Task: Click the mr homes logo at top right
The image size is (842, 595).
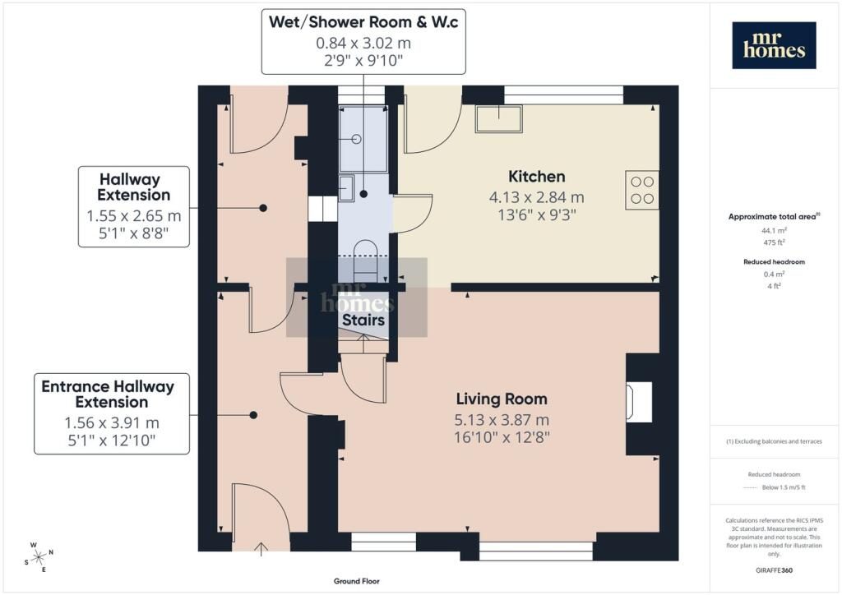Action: pos(774,45)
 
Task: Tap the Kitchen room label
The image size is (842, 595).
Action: pos(536,177)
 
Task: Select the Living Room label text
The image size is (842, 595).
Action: pos(502,399)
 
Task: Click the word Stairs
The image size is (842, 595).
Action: pos(363,321)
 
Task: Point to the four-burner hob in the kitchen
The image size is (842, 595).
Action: pos(642,190)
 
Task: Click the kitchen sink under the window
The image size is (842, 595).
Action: pos(499,118)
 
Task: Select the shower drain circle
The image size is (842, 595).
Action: pos(357,139)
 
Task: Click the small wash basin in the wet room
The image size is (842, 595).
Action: pos(346,188)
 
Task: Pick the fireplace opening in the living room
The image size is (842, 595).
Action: pos(639,402)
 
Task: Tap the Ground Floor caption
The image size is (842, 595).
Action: pos(357,581)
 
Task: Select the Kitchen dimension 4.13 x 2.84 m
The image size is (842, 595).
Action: pos(536,197)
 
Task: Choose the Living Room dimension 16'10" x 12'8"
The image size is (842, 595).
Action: pos(502,437)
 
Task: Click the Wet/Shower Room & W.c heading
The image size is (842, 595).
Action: pos(363,22)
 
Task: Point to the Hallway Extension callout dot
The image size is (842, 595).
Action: pos(263,208)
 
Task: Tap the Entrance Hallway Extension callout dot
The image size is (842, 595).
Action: pos(253,415)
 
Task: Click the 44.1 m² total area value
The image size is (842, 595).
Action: pos(774,231)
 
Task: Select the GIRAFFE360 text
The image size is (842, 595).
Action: pos(774,570)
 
